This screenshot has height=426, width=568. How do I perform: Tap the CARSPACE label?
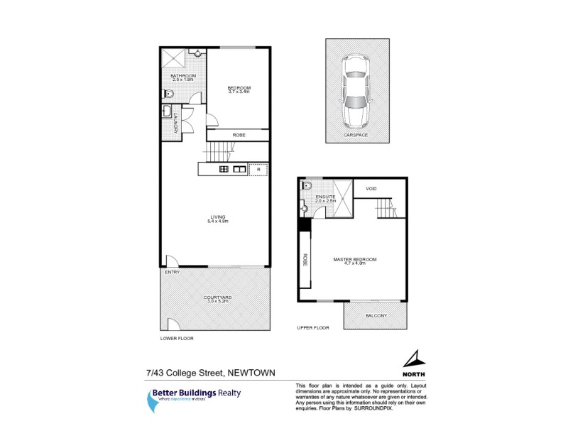point(356,135)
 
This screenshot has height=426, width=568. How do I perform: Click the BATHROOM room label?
point(183,77)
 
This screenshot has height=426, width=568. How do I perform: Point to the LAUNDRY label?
point(175,126)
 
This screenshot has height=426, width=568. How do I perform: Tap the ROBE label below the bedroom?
point(239,135)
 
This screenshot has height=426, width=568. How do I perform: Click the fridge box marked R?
point(259,170)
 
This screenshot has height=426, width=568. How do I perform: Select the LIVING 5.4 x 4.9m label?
point(217,219)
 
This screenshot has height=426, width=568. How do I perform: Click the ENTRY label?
point(172,272)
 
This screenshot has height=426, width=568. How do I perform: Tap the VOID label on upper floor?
point(371,189)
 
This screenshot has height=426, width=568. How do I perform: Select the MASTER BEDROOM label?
point(354,261)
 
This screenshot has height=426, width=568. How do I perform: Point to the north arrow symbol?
point(412,359)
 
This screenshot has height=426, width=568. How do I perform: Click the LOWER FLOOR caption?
point(177,339)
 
